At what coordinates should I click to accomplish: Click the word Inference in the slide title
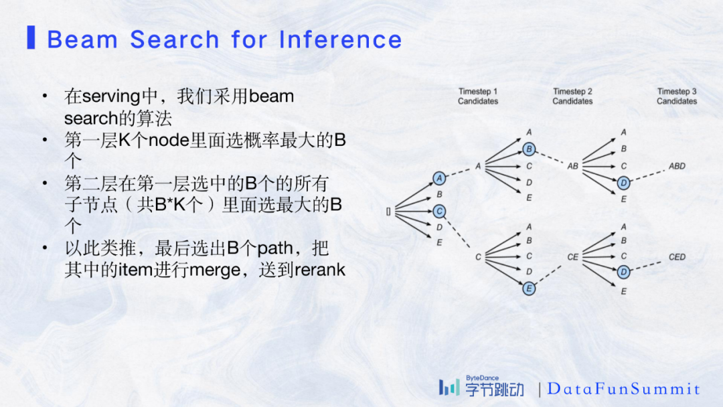(x=340, y=40)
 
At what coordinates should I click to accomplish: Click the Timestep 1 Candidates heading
(x=478, y=96)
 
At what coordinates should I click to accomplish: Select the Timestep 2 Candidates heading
(x=572, y=96)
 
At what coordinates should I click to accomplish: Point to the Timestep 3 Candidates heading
(x=676, y=96)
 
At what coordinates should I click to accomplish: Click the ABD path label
(x=677, y=166)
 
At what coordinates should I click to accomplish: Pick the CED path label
(x=677, y=257)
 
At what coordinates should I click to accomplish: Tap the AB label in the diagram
(x=573, y=166)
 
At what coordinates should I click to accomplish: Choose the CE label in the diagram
(x=573, y=257)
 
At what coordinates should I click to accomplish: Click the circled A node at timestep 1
(x=439, y=178)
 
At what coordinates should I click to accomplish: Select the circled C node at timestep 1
(x=439, y=211)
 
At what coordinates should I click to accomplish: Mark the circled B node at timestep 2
(x=529, y=149)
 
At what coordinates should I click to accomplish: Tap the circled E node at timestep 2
(x=529, y=289)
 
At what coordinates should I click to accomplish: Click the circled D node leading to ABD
(x=623, y=182)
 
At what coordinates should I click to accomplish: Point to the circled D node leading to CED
(x=623, y=272)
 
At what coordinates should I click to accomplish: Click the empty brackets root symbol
(x=388, y=212)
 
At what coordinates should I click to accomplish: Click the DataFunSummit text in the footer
(x=623, y=389)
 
